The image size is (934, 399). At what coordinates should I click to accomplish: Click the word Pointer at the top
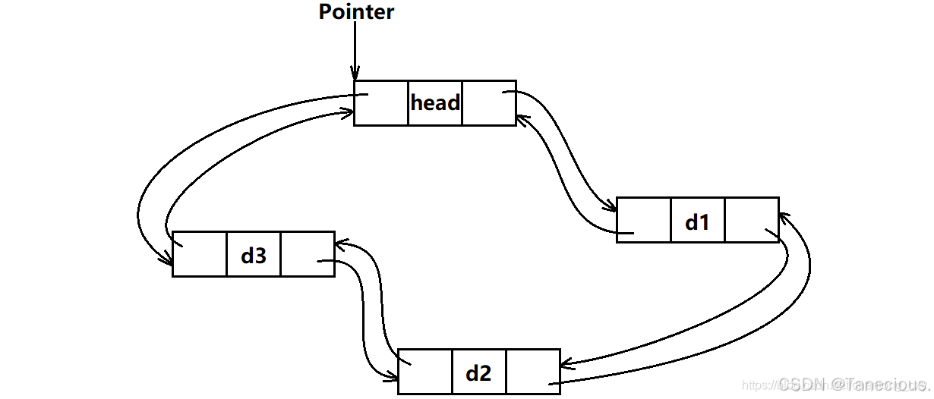coord(356,12)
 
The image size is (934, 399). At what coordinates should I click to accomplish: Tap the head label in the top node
coord(435,102)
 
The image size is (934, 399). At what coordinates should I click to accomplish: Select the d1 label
coord(697,221)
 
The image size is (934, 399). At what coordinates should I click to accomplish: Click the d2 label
coord(478,372)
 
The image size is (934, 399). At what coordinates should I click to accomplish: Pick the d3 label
coord(254,255)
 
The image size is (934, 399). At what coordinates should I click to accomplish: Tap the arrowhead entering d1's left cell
coord(611,207)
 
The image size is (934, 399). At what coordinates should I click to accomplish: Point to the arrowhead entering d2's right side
coord(566,365)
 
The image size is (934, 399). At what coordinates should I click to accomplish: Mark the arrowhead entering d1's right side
coord(783,218)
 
